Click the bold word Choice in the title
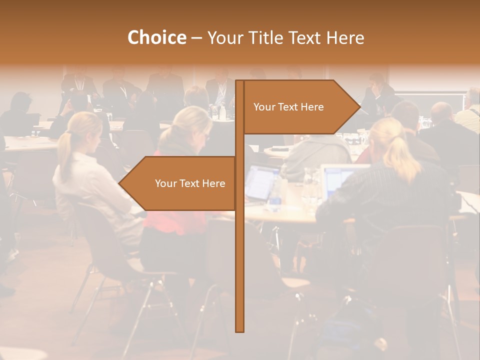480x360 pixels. pyautogui.click(x=156, y=37)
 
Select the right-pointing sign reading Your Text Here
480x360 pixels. pyautogui.click(x=295, y=107)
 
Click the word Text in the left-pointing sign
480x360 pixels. pyautogui.click(x=190, y=183)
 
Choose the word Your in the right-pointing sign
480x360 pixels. pyautogui.click(x=263, y=107)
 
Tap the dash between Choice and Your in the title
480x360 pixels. pyautogui.click(x=196, y=38)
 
